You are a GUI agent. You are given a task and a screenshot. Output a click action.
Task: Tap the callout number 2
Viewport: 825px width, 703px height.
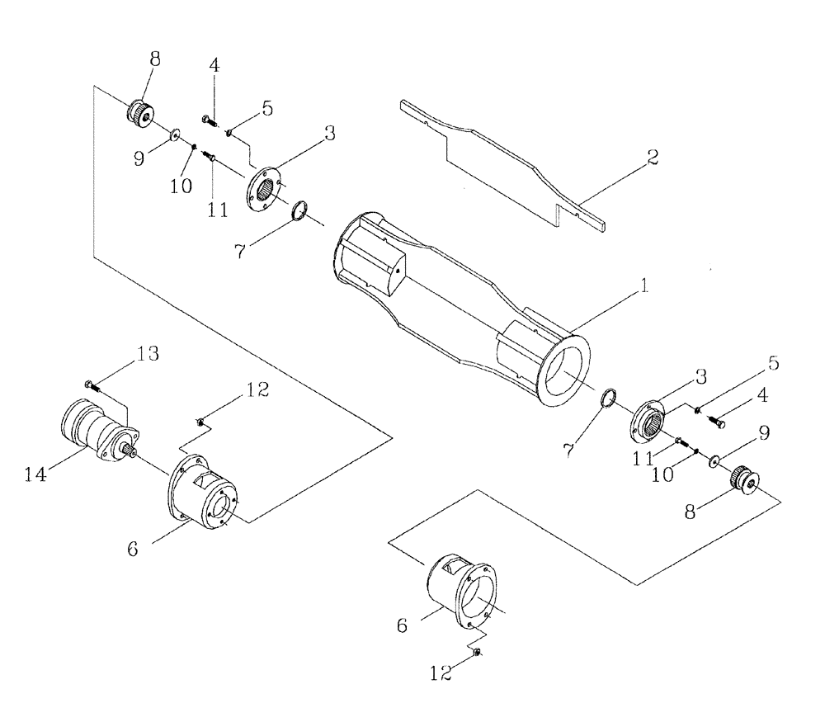(x=652, y=157)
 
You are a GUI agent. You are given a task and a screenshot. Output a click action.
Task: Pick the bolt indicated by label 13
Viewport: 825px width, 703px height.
(x=90, y=384)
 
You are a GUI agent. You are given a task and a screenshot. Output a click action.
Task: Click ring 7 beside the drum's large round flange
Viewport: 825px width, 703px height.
(x=608, y=398)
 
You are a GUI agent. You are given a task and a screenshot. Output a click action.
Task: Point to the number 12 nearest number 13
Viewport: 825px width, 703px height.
(x=257, y=390)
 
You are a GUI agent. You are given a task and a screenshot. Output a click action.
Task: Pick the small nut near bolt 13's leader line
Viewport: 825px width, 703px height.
(x=200, y=423)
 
